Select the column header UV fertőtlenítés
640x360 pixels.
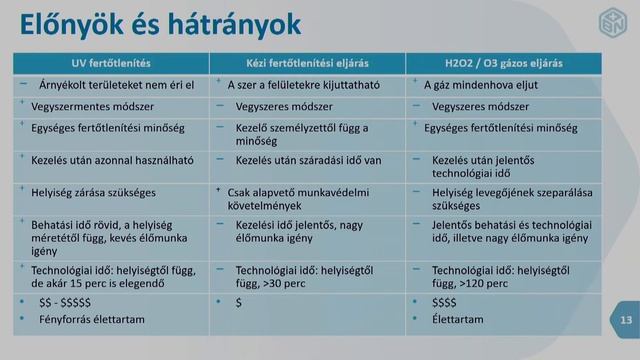(x=115, y=62)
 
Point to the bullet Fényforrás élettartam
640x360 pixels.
(x=91, y=318)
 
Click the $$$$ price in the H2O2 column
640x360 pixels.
(x=445, y=302)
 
